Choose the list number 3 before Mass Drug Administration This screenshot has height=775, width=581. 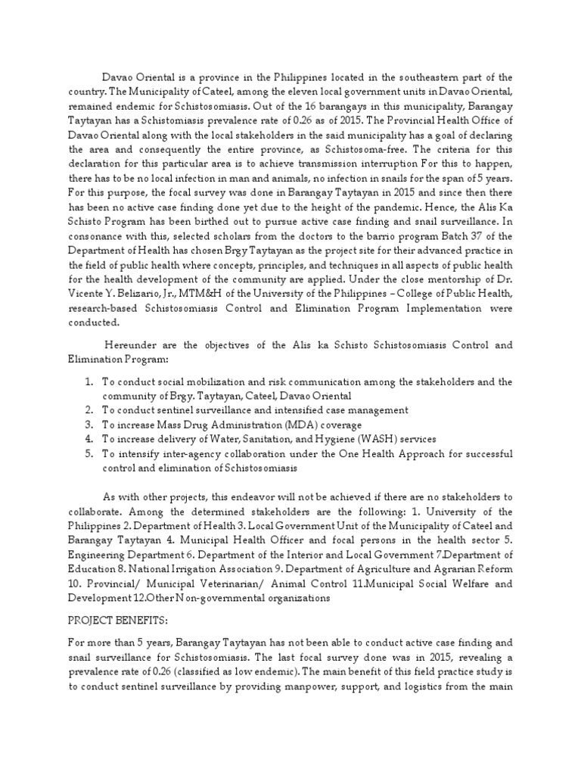pos(89,425)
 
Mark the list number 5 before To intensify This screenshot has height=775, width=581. pos(89,453)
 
